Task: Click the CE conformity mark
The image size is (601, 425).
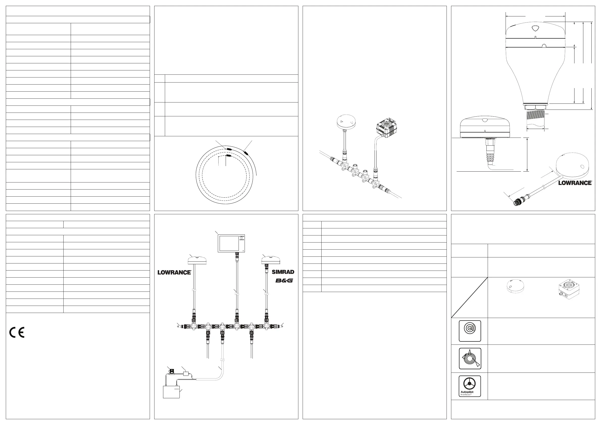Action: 17,332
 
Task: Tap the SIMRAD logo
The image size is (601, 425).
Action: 283,272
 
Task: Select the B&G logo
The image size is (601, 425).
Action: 284,281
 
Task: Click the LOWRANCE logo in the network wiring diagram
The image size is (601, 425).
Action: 174,272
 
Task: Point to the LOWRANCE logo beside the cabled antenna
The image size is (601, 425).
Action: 575,183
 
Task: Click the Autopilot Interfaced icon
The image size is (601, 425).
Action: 469,386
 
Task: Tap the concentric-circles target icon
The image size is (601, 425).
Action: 469,331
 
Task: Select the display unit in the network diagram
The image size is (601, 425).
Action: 231,243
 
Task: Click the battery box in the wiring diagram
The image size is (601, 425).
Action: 171,392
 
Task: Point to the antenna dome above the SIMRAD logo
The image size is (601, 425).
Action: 271,261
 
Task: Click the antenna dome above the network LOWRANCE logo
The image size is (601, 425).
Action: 197,261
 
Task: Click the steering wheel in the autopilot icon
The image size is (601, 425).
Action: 469,384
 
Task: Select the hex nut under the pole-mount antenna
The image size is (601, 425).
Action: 535,107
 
